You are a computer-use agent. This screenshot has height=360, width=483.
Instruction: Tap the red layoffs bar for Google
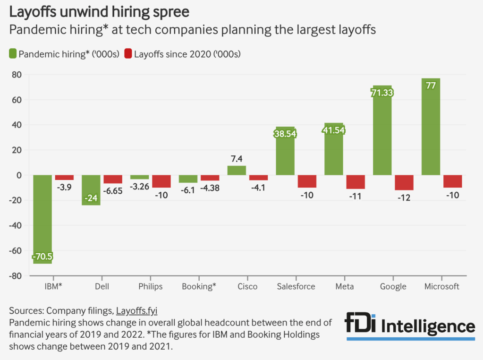[x=404, y=182]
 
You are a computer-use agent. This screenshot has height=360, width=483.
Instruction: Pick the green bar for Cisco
[x=237, y=171]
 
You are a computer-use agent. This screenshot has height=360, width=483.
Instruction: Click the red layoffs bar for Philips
[x=161, y=181]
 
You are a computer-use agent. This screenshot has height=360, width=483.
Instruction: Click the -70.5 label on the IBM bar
[x=42, y=257]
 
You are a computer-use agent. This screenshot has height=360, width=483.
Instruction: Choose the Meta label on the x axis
[x=345, y=287]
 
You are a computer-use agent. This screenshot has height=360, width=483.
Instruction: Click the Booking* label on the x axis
[x=199, y=287]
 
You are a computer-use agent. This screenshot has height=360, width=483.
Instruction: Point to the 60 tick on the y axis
[x=17, y=100]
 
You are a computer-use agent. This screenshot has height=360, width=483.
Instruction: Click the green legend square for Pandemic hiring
[x=13, y=54]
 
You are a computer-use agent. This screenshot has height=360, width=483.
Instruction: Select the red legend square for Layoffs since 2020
[x=128, y=54]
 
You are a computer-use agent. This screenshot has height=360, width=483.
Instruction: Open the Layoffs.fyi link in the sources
[x=136, y=310]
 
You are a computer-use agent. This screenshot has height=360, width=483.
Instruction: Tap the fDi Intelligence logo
[x=410, y=326]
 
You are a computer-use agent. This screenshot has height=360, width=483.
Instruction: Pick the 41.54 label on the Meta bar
[x=334, y=130]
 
